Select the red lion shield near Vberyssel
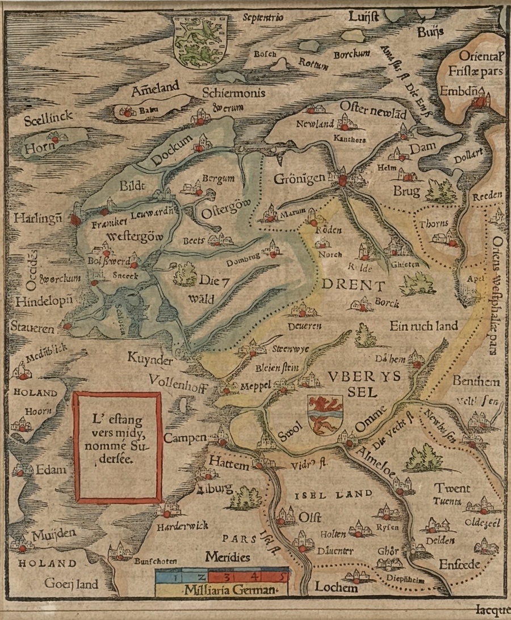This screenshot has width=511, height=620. point(326,414)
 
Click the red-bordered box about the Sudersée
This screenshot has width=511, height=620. point(118,446)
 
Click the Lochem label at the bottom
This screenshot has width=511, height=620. point(338,588)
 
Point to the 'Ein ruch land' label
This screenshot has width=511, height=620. point(424,326)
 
